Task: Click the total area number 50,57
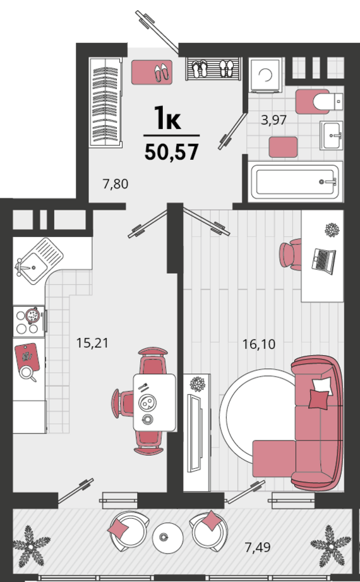pos(171,152)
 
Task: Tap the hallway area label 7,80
pos(116,184)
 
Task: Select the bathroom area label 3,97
pos(273,120)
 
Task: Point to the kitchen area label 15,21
pos(92,343)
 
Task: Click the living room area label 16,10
pos(259,344)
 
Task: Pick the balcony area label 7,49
pos(258,547)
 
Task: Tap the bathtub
pos(296,182)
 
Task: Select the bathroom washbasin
pos(332,135)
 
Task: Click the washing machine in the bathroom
pos(266,75)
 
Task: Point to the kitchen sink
pos(39,262)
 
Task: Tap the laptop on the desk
pos(323,261)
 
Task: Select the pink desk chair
pos(291,254)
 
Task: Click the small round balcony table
pos(168,538)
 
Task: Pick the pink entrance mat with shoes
pos(152,72)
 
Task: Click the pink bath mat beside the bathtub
pos(283,147)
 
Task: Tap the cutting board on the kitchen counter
pos(27,358)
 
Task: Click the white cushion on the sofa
pos(322,386)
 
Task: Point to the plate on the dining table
pos(147,402)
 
